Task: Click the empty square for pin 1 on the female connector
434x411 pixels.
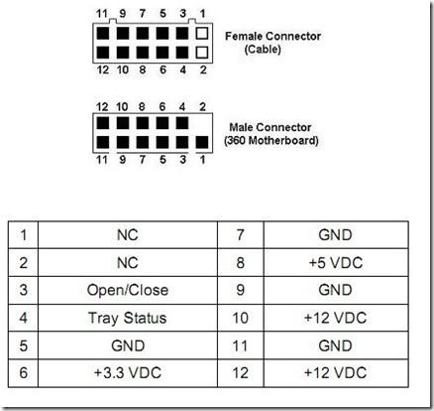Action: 202,33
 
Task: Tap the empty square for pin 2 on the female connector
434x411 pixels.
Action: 202,53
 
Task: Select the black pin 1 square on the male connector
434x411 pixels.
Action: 202,142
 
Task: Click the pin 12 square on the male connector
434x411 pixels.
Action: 103,123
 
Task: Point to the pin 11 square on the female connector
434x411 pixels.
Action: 103,33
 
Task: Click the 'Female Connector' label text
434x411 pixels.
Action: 272,36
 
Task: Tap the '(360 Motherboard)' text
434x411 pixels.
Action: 271,140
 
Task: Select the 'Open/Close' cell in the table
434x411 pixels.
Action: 128,290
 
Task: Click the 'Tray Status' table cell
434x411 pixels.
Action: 128,318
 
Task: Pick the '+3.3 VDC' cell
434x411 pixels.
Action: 128,373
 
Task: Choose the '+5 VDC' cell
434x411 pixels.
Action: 336,263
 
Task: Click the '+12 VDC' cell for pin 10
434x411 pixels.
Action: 336,318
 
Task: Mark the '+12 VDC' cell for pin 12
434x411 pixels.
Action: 336,373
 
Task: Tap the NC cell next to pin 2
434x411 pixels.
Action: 128,263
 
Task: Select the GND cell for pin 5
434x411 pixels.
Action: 128,345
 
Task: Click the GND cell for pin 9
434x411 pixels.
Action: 336,290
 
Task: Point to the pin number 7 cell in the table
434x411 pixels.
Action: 241,235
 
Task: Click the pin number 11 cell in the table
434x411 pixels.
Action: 241,345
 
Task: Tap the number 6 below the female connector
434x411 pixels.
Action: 163,69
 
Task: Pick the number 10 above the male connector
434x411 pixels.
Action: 122,107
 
